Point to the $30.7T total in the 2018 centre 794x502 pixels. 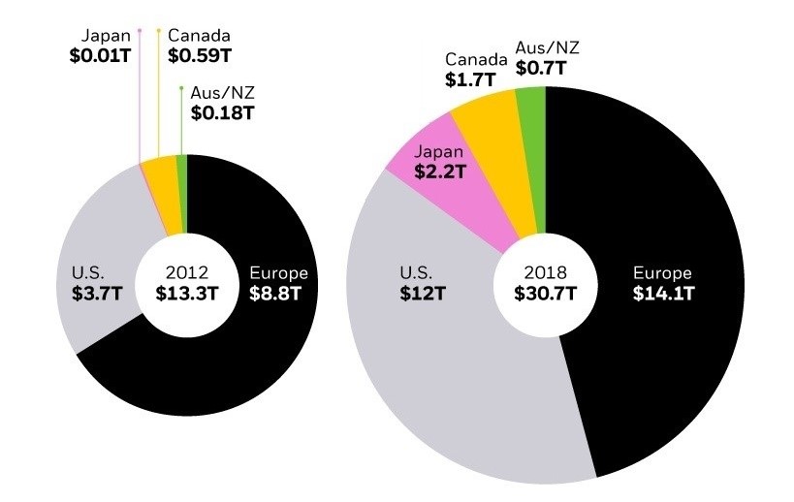click(545, 295)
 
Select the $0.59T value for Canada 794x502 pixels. click(200, 56)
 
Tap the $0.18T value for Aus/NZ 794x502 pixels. click(222, 112)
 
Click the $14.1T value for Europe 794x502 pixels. click(664, 295)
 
